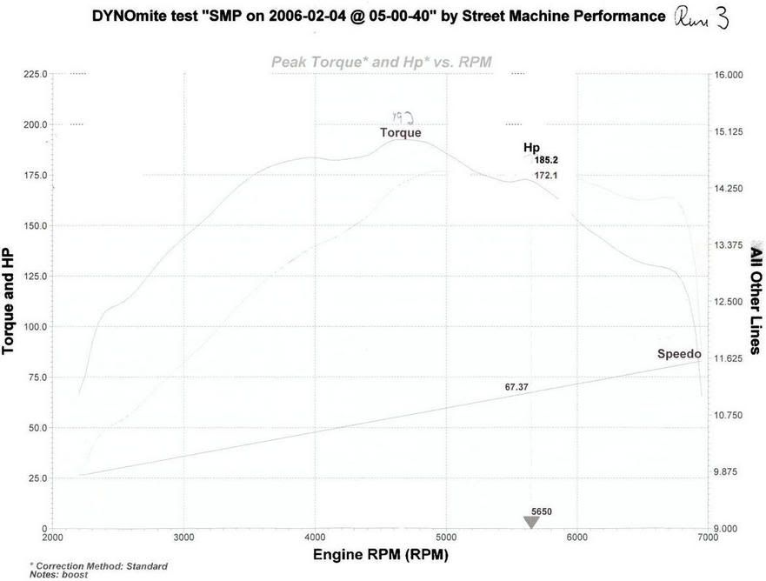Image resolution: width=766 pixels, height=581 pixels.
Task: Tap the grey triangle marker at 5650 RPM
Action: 531,522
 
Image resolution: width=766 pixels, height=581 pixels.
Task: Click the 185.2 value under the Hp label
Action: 546,160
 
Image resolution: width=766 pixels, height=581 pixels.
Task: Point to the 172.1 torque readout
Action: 546,176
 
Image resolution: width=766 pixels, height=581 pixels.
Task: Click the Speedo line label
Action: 679,354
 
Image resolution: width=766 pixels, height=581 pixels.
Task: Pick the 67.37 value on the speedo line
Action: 517,386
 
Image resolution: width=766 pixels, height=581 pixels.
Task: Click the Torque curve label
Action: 400,133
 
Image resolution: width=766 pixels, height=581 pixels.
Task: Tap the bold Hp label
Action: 531,148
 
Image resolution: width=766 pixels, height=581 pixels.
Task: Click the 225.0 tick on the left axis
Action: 35,75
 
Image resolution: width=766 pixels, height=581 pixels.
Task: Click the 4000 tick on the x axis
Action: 315,538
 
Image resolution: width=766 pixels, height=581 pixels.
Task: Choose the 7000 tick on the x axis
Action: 707,538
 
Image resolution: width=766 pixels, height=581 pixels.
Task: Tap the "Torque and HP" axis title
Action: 9,301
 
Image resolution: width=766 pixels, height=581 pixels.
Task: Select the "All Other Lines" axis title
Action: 756,301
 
